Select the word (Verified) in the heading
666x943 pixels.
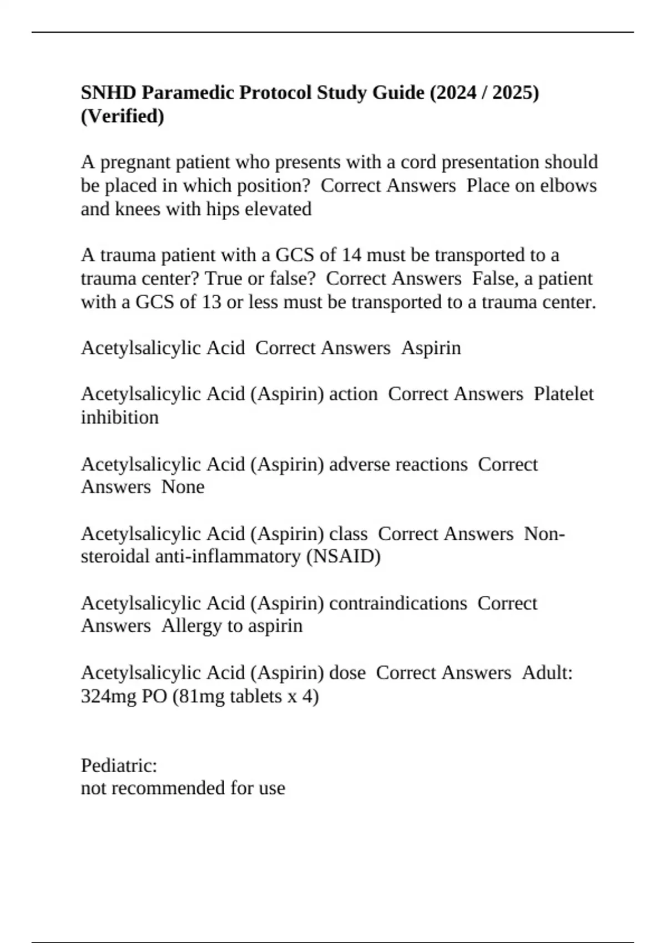[x=122, y=116]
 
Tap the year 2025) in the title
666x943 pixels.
[x=516, y=92]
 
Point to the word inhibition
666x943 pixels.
[x=119, y=417]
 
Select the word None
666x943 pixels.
[x=183, y=487]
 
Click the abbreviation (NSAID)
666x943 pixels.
[x=343, y=556]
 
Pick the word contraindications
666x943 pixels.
[x=398, y=603]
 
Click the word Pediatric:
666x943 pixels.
[x=119, y=765]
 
